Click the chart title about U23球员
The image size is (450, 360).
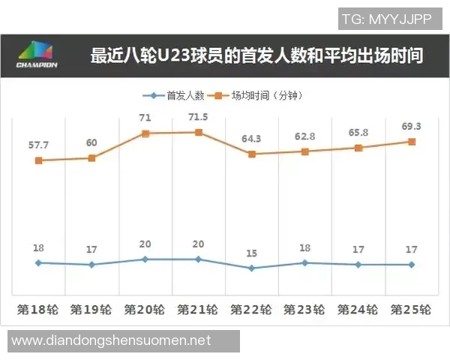click(256, 56)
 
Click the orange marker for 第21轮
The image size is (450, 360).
click(199, 133)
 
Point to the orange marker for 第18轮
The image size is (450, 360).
click(38, 160)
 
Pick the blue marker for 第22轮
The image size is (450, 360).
click(251, 268)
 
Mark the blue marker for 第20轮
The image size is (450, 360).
click(145, 259)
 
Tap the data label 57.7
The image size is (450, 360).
click(37, 143)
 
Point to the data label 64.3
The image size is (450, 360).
click(251, 139)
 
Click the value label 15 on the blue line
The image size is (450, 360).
click(251, 253)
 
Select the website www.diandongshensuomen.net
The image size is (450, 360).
click(112, 341)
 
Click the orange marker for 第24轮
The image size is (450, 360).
click(358, 148)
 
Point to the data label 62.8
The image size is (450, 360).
click(304, 136)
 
